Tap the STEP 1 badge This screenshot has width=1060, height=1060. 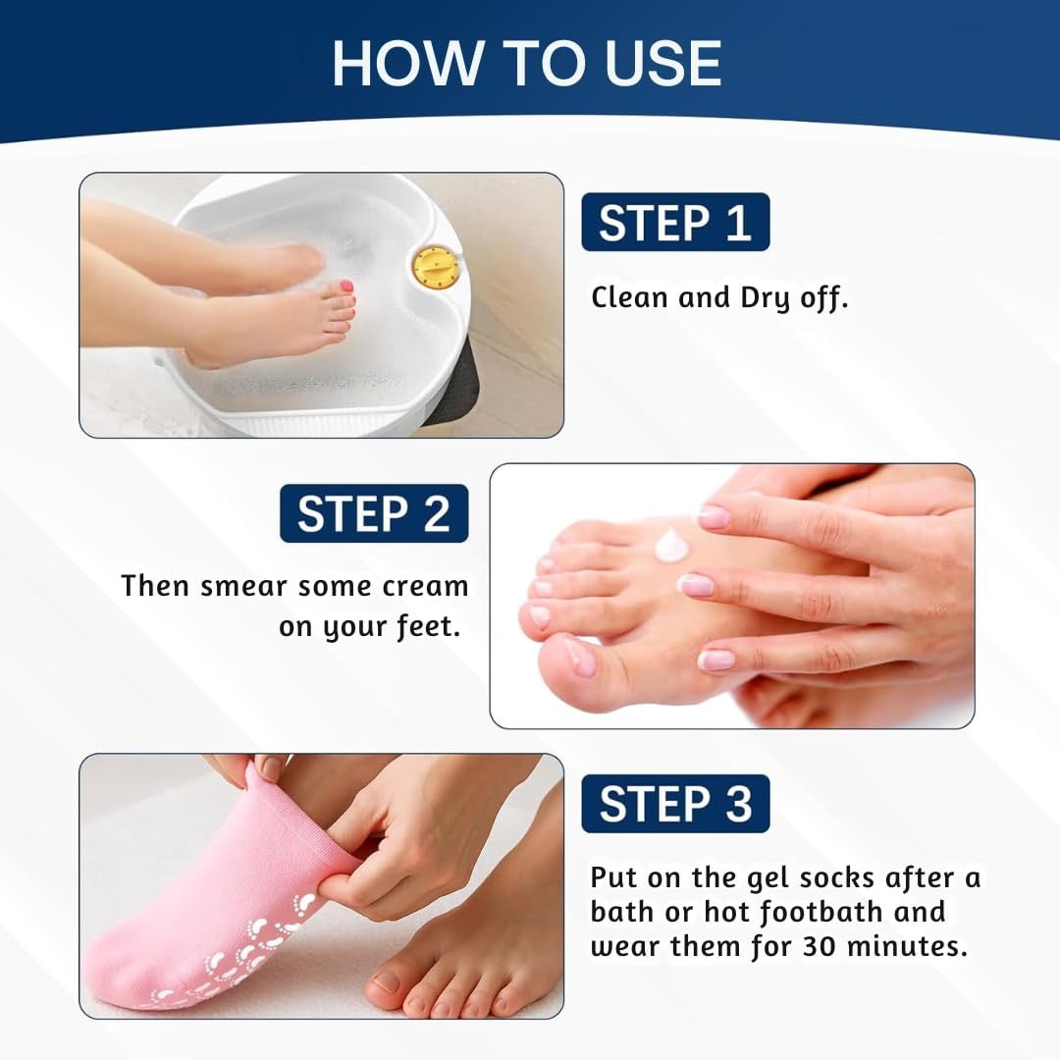[x=675, y=223]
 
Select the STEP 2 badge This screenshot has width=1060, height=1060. [x=374, y=514]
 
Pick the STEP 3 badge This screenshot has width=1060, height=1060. [x=675, y=804]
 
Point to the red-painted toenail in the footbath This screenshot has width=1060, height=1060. [x=345, y=287]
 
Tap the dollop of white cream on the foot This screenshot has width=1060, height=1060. [x=672, y=544]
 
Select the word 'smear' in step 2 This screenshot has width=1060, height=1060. [x=243, y=586]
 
